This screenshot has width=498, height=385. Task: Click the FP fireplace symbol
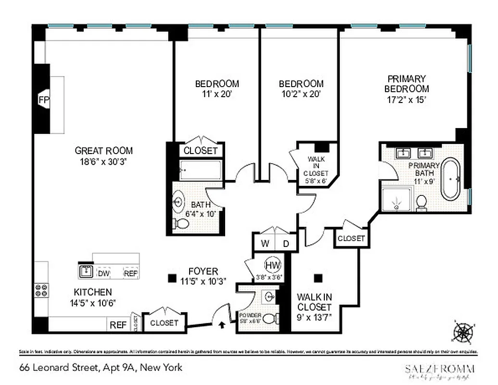[43, 100]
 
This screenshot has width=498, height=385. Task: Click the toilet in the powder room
[271, 319]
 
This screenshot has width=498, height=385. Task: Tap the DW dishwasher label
[103, 273]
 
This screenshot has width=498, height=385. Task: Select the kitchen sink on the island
[87, 271]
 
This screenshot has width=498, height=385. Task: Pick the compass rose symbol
[463, 332]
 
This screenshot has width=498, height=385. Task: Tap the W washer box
[265, 244]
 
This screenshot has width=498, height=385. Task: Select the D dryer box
[286, 244]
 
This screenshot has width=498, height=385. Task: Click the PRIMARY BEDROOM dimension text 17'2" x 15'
[407, 100]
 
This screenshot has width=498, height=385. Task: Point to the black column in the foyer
[171, 278]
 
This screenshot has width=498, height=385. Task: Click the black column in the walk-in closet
[318, 278]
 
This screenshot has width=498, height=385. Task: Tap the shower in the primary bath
[396, 199]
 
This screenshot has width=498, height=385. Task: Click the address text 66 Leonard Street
[101, 368]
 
